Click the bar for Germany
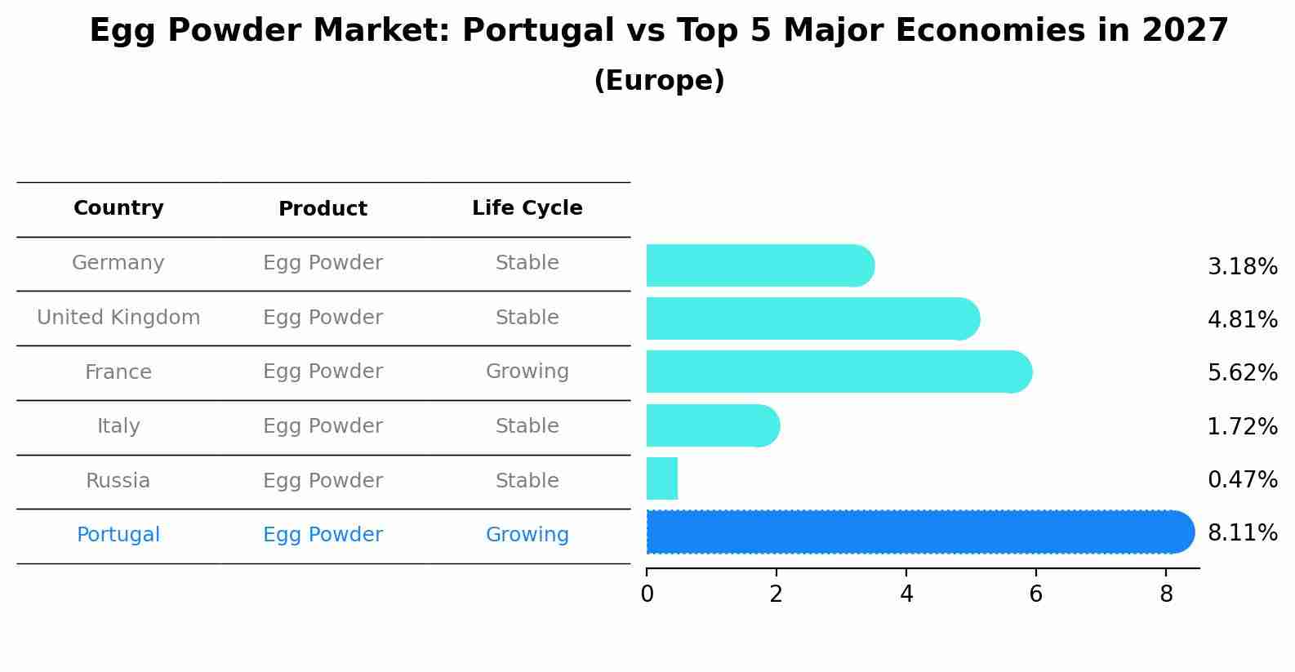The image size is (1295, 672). (x=759, y=265)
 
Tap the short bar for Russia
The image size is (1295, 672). (x=662, y=478)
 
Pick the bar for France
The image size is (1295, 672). (x=837, y=372)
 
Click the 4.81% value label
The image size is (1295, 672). (x=1242, y=320)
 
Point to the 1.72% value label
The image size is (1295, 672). (x=1242, y=426)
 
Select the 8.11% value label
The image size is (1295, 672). (x=1242, y=533)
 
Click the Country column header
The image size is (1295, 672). (x=118, y=208)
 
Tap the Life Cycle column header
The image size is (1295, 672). (x=527, y=208)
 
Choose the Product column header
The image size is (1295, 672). (x=323, y=209)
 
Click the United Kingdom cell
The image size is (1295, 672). (x=118, y=318)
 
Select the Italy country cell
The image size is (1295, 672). (x=118, y=426)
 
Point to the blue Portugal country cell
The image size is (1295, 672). (x=118, y=535)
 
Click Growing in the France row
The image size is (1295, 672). (x=527, y=372)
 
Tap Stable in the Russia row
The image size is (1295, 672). (x=527, y=481)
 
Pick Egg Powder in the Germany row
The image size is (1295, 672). (x=323, y=263)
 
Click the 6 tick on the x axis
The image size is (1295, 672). (x=1035, y=594)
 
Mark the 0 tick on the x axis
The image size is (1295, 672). (x=647, y=594)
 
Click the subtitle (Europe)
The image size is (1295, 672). (x=659, y=81)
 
